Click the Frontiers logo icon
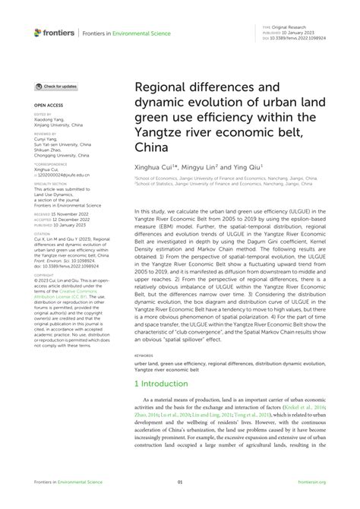point(38,32)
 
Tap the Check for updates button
point(56,87)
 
